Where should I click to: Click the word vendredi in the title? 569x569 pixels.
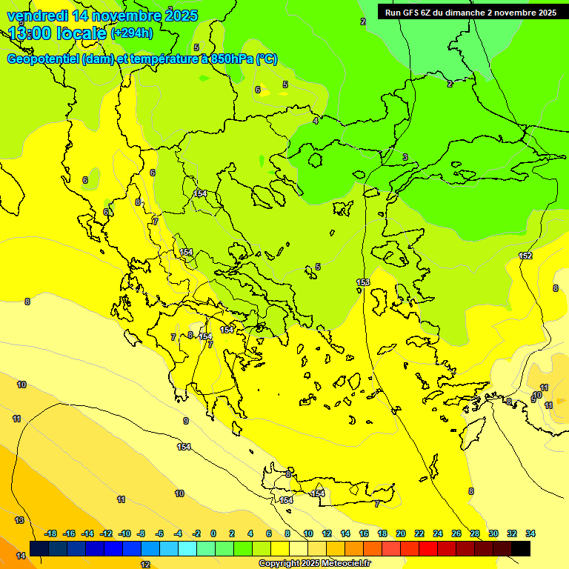click(x=37, y=15)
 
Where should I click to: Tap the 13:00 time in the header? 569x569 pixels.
click(x=30, y=33)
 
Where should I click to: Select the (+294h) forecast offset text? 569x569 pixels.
click(x=132, y=33)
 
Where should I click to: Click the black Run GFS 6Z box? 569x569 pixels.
click(x=470, y=12)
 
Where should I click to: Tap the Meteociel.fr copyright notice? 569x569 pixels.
click(x=313, y=564)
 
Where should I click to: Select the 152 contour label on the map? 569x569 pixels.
click(x=525, y=256)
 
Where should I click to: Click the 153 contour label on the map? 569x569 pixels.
click(x=363, y=282)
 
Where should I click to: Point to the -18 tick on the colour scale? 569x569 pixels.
click(x=50, y=533)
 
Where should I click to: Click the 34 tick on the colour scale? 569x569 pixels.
click(x=530, y=533)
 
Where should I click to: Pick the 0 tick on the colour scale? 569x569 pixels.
click(x=213, y=533)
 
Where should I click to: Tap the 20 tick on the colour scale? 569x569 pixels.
click(x=401, y=533)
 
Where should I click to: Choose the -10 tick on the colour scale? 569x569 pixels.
click(x=124, y=533)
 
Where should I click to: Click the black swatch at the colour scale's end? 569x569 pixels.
click(x=521, y=548)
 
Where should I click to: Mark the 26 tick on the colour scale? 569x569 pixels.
click(x=456, y=533)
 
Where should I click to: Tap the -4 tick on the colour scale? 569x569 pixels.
click(x=178, y=533)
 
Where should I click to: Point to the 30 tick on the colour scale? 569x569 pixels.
click(x=493, y=533)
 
